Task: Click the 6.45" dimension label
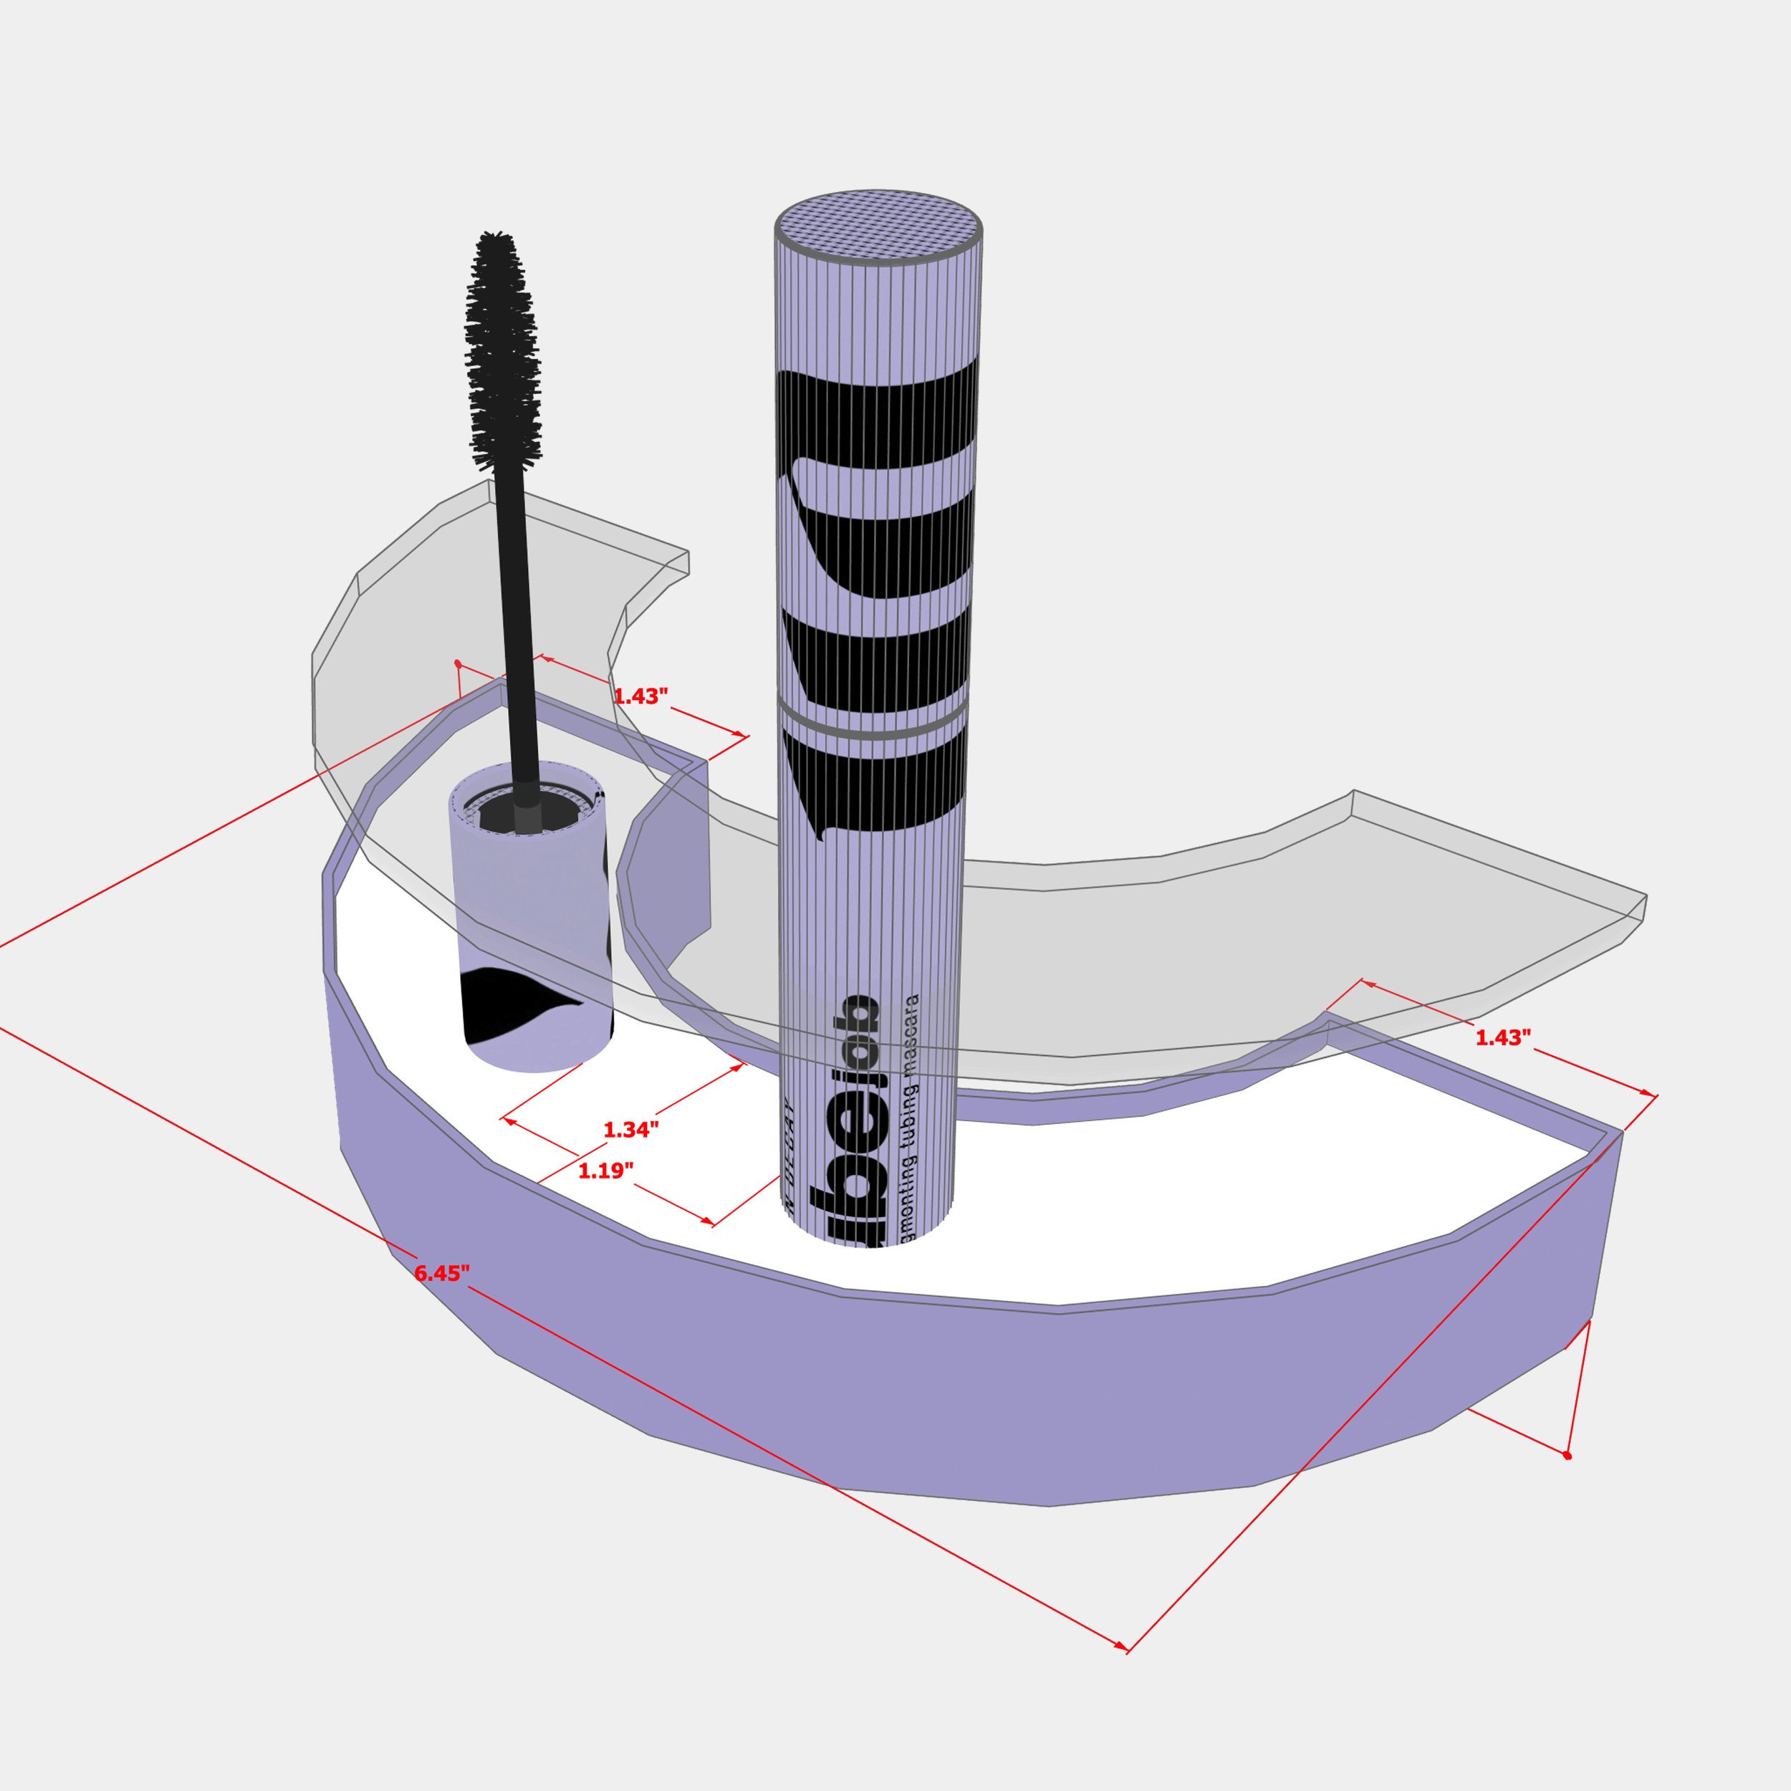[441, 1274]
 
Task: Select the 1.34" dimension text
[630, 1130]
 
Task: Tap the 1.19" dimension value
[605, 1171]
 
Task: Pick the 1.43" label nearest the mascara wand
[640, 697]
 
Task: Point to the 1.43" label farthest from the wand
[1503, 1037]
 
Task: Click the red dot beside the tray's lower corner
[1567, 1456]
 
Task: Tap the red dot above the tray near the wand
[458, 664]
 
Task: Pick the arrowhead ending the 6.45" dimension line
[1123, 1648]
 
